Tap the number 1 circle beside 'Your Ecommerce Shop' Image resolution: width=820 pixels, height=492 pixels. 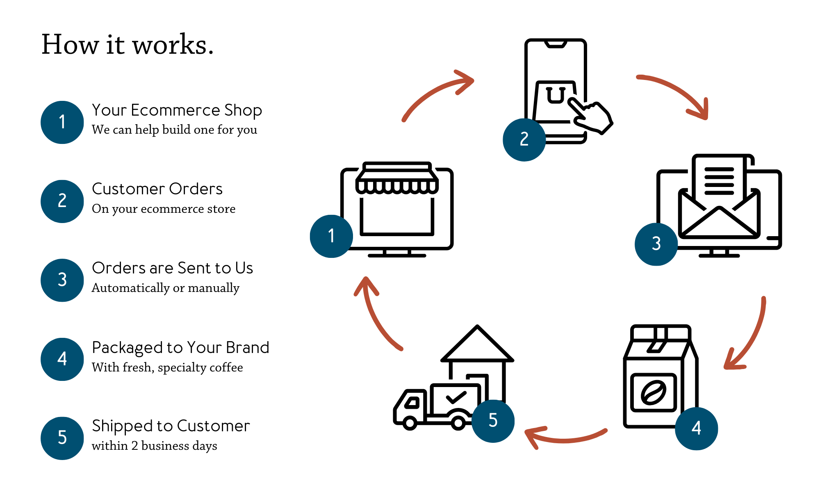click(x=62, y=122)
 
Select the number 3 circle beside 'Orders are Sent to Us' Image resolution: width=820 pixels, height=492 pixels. click(x=62, y=280)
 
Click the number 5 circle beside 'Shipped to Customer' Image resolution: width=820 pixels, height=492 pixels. click(x=62, y=438)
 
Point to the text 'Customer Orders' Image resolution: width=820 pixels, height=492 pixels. click(x=157, y=189)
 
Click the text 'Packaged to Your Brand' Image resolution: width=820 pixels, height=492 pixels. click(x=180, y=348)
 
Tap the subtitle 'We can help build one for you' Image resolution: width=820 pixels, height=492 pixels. click(x=174, y=130)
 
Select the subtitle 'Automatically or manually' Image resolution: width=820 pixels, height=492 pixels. click(x=165, y=288)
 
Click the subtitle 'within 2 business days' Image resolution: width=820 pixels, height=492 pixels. click(x=154, y=446)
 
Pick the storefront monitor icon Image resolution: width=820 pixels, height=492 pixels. click(x=397, y=209)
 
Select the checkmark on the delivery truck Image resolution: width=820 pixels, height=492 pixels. click(x=456, y=397)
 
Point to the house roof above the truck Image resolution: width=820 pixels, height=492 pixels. click(x=477, y=344)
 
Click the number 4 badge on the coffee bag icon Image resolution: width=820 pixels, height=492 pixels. click(x=696, y=428)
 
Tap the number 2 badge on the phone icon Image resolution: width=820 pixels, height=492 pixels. click(x=524, y=139)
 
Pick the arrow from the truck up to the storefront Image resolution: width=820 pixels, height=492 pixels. click(x=375, y=314)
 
